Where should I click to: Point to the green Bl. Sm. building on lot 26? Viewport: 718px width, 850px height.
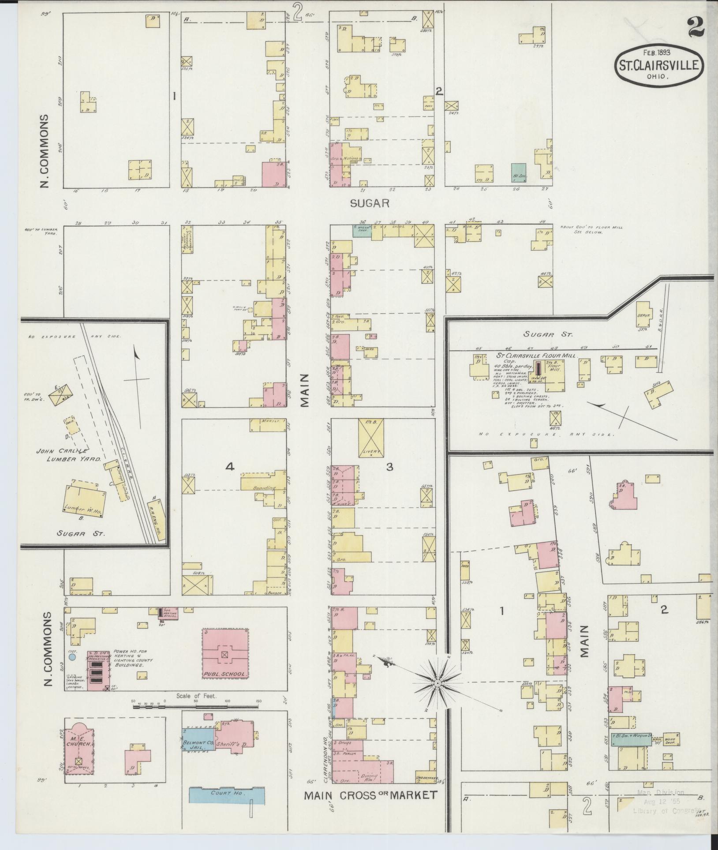519,173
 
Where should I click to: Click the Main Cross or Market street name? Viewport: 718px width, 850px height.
370,795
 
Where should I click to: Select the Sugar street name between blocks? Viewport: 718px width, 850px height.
370,203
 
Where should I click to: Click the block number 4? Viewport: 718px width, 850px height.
229,467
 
